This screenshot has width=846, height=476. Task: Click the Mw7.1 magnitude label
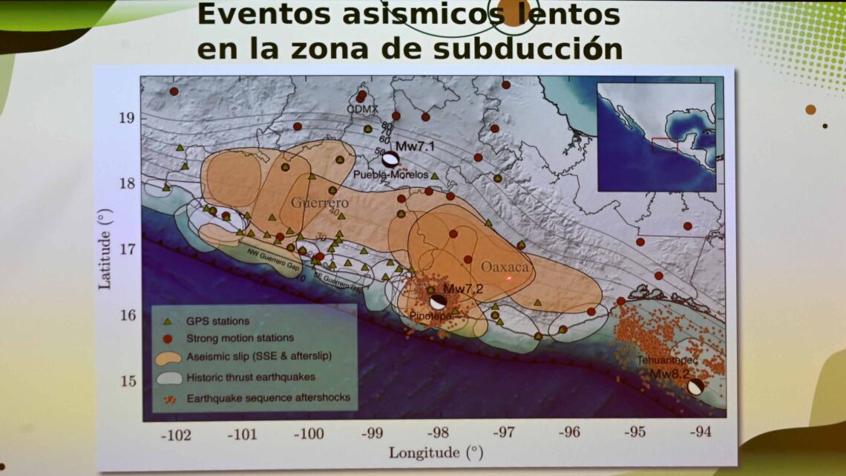415,146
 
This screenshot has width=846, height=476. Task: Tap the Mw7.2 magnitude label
463,288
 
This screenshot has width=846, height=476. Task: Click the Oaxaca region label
505,267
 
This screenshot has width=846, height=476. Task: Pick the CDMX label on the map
363,108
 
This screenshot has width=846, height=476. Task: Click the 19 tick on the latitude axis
127,118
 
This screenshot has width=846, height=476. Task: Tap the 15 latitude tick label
127,381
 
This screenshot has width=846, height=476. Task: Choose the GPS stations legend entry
217,322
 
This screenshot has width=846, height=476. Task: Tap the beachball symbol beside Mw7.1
390,158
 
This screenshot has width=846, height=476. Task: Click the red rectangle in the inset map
664,145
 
